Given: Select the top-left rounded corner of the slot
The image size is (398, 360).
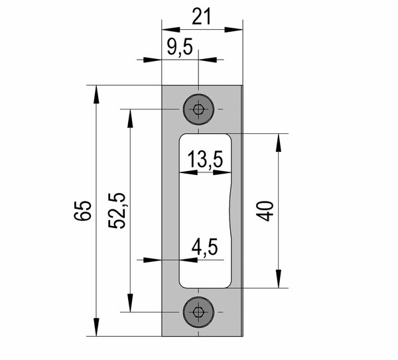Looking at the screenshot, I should [182, 138].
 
